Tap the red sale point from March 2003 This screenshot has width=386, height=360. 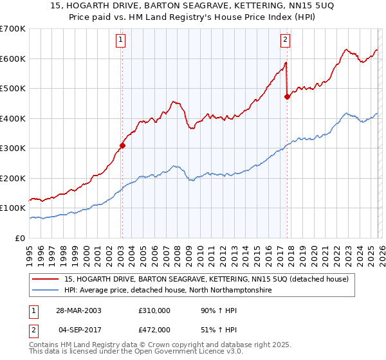122,145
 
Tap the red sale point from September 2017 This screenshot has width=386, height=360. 287,97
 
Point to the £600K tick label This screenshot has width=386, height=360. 13,59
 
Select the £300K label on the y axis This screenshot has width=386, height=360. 13,148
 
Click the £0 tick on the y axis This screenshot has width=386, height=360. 20,238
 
